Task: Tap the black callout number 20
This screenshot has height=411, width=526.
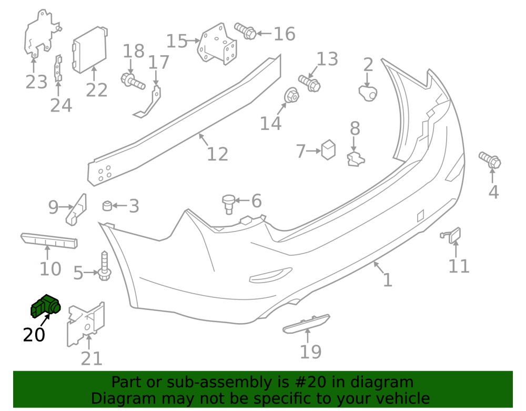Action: point(34,335)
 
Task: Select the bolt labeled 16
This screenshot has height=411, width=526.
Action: point(245,31)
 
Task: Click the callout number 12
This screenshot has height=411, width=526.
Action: point(217,154)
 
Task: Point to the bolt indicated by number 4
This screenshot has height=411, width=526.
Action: point(490,160)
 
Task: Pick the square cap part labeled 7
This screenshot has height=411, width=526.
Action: point(328,149)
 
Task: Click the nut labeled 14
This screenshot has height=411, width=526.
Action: point(291,95)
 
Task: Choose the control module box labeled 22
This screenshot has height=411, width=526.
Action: point(89,49)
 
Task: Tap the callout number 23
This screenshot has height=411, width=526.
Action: point(36,82)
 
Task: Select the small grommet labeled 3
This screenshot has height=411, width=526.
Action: point(107,205)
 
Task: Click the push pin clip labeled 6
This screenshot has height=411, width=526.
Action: point(228,203)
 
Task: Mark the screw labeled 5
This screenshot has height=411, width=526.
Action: point(104,266)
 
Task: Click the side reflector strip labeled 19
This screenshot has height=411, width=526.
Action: point(306,324)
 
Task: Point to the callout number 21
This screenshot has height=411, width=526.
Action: point(92,359)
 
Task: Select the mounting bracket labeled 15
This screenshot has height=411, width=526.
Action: point(217,44)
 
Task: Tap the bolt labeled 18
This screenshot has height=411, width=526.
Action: point(133,81)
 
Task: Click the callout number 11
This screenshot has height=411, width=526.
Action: point(459,266)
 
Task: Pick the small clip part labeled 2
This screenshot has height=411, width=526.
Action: point(368,93)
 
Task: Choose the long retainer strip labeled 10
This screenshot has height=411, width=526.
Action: point(49,240)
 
